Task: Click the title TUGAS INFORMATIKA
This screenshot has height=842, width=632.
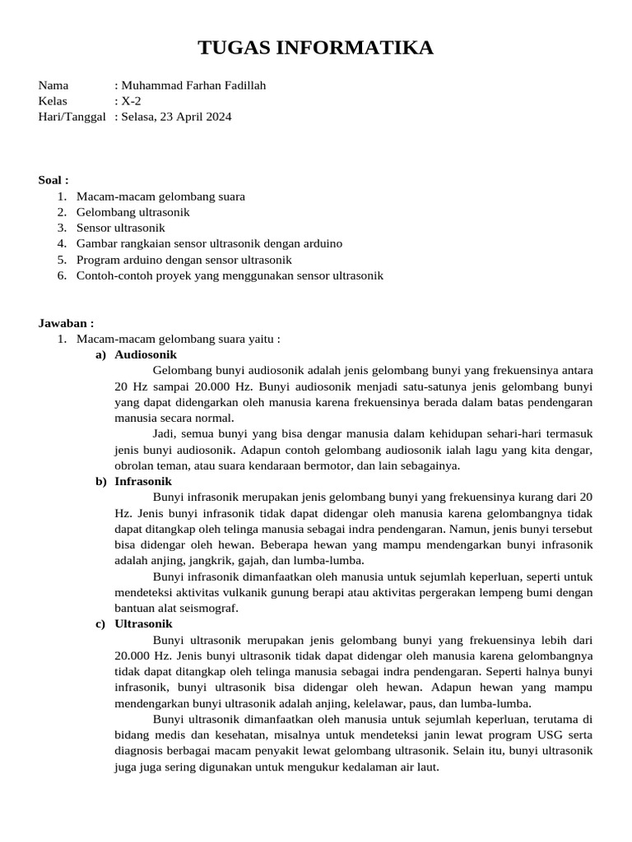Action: tap(316, 49)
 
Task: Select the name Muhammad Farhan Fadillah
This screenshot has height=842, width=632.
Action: tap(193, 86)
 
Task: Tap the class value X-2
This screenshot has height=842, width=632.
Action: tap(131, 101)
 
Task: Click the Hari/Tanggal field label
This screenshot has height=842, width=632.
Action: tap(72, 117)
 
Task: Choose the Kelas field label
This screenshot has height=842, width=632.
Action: tap(53, 101)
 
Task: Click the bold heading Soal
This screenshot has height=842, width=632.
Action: tap(53, 180)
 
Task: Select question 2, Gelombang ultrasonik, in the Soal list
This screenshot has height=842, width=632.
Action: tap(132, 212)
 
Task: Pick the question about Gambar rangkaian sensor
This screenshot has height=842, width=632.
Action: tap(209, 243)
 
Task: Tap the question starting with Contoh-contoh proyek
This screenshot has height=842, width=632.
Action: tap(230, 275)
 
